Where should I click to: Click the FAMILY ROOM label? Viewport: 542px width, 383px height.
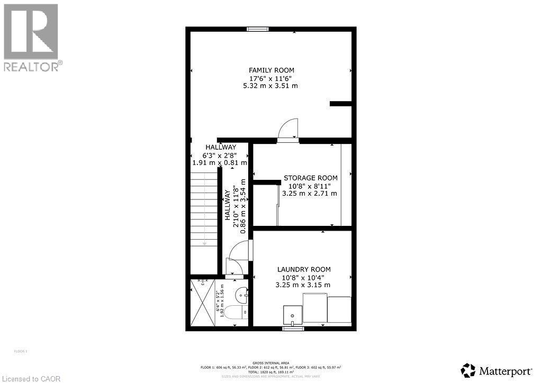(x=272, y=70)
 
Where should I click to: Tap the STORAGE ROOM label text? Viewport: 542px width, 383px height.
(x=310, y=178)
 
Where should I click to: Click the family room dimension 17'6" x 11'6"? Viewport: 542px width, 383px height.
(x=272, y=78)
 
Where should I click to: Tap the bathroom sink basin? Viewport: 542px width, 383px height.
(x=241, y=293)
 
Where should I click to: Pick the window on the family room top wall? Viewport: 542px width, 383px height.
(x=257, y=29)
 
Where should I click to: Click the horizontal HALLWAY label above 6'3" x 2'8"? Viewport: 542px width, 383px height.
(x=221, y=147)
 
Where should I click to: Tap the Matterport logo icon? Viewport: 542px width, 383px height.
(x=468, y=369)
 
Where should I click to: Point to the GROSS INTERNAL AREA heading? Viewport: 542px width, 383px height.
(x=270, y=362)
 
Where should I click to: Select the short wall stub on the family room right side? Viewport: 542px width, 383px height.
(x=341, y=104)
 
